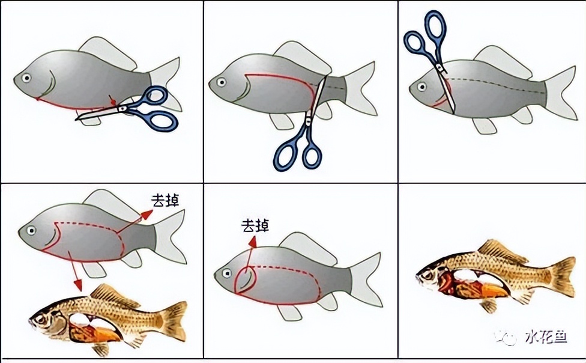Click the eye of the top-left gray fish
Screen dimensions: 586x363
[x=26, y=78]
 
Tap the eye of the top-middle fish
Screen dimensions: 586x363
[x=222, y=82]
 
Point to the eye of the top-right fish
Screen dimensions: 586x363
[x=422, y=87]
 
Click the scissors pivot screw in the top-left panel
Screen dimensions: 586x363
[x=122, y=109]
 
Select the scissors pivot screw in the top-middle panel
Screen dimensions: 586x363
[x=309, y=121]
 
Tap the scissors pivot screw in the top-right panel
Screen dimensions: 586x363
[x=441, y=68]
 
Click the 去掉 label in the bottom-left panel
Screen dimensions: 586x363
[x=165, y=201]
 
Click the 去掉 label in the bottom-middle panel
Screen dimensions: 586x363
[x=255, y=225]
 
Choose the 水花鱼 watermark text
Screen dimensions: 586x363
[x=546, y=337]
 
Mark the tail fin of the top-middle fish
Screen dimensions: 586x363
[x=360, y=88]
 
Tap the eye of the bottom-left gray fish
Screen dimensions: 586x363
[x=31, y=230]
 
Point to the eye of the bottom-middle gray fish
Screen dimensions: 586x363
[x=226, y=273]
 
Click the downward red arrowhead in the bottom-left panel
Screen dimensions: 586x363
[x=77, y=285]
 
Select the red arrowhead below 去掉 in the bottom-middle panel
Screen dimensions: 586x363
[x=253, y=242]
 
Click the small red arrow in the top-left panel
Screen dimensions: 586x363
[x=112, y=100]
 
